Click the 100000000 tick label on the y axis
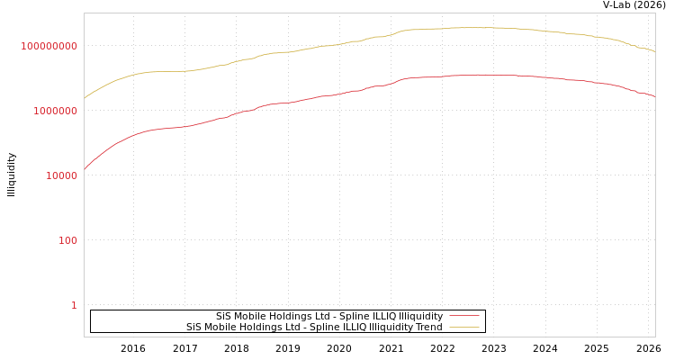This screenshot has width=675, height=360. click(49, 46)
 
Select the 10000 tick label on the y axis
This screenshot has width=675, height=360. click(61, 175)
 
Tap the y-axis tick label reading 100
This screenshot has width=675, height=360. click(68, 240)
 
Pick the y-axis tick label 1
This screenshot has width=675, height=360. click(74, 305)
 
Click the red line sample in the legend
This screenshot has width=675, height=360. click(463, 317)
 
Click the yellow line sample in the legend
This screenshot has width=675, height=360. click(463, 328)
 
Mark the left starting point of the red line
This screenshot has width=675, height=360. click(85, 168)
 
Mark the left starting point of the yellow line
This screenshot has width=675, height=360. click(85, 97)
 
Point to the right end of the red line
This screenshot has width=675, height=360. click(654, 96)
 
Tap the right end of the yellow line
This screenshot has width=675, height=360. click(654, 51)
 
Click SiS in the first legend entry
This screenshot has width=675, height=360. click(223, 317)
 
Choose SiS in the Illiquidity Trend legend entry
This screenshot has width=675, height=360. click(193, 328)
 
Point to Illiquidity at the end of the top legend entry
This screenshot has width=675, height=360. click(420, 317)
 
